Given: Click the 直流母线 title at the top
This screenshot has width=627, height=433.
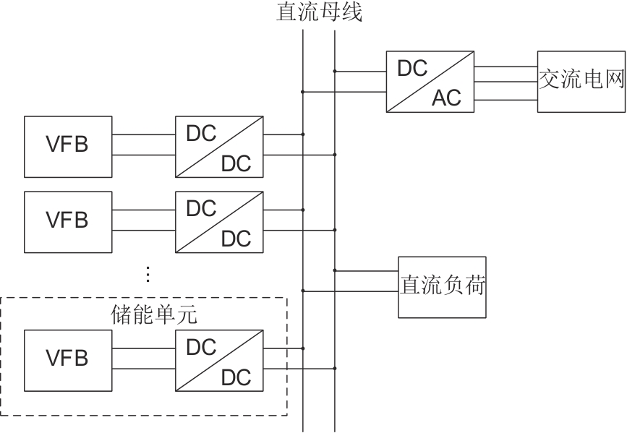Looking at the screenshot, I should click(x=319, y=12).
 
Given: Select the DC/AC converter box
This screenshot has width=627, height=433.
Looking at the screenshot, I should click(x=430, y=81).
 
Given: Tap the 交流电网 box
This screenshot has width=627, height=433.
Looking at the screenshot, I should click(x=581, y=81).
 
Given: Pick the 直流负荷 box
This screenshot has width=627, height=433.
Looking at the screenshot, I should click(x=442, y=286).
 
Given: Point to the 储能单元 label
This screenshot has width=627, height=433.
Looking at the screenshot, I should click(x=144, y=316).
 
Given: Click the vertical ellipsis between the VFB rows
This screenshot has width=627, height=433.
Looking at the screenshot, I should click(x=148, y=275).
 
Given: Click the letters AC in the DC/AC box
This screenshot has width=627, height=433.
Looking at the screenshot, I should click(x=446, y=98).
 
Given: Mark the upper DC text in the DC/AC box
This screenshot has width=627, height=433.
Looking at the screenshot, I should click(x=413, y=68).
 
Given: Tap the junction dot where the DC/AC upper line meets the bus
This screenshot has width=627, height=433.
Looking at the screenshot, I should click(x=335, y=71).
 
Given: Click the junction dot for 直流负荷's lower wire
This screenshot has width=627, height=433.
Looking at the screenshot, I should click(x=303, y=291).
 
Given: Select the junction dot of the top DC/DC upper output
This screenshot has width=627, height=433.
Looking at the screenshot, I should click(x=303, y=134).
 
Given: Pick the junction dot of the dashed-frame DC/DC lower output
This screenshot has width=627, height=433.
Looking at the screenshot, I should click(x=335, y=368).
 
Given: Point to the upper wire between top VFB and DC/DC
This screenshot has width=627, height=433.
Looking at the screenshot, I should click(x=143, y=134).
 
